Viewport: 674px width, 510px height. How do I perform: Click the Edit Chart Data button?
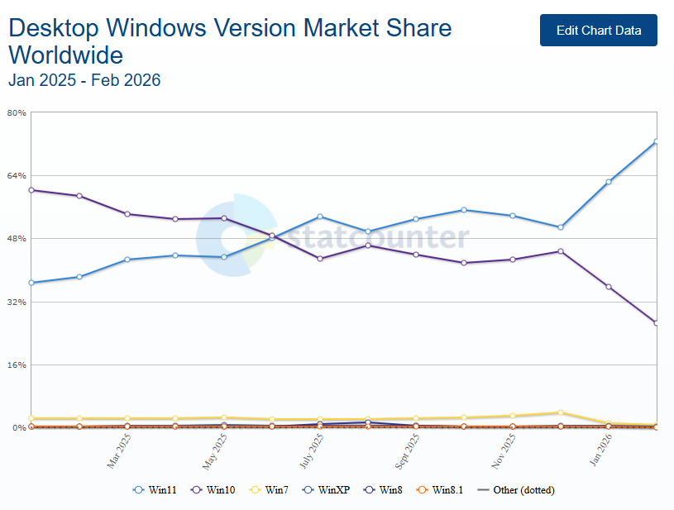coord(598,31)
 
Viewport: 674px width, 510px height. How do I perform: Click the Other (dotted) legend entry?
coord(517,490)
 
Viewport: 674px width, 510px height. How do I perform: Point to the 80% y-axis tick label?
coord(17,112)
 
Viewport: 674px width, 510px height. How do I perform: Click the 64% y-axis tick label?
coord(17,175)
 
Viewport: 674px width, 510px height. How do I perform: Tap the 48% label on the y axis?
coord(17,239)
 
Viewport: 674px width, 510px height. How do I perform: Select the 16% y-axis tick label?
coord(17,365)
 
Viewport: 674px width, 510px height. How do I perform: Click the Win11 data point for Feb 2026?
coord(656,141)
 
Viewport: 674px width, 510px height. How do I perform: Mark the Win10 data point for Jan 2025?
coord(31,190)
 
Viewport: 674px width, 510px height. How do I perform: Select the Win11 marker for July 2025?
coord(320,217)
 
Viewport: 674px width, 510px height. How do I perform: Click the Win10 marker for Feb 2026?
coord(656,322)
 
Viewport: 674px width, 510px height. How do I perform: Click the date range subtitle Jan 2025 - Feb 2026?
coord(84,80)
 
